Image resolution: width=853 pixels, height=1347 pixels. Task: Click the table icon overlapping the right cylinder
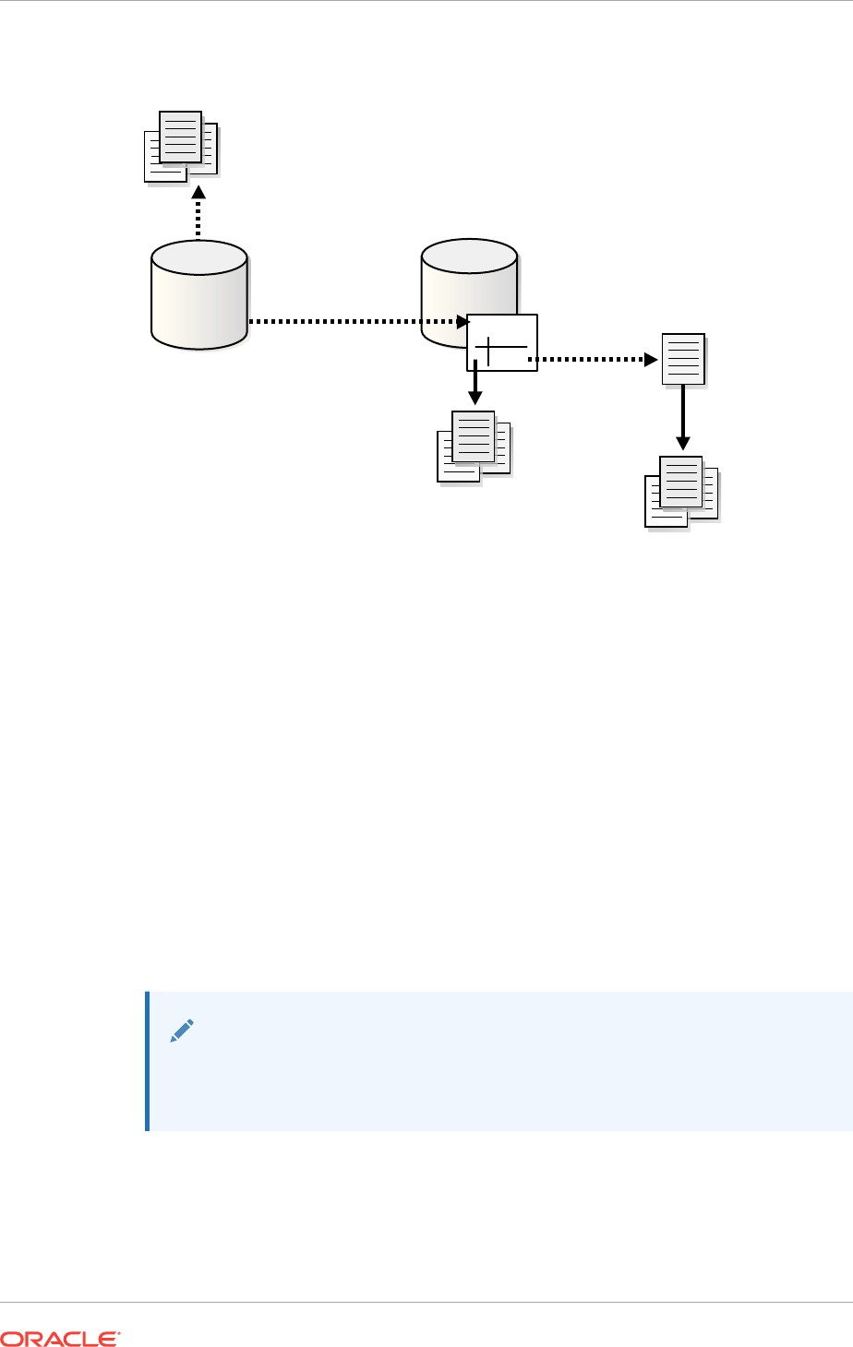502,342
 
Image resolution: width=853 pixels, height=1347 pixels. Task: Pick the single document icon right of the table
684,359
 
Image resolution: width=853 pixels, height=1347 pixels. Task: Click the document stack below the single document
681,491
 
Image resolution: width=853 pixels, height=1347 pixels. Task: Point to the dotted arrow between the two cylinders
355,322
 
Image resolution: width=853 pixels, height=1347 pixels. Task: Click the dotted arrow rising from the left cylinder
198,216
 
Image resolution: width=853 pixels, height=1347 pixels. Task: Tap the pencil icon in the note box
182,1031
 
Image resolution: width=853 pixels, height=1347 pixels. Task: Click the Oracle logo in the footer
60,1337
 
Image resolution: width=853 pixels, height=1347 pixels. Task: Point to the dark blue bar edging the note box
147,1061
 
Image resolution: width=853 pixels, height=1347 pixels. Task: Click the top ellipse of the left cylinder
199,256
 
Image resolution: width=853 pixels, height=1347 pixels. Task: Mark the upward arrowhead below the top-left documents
198,192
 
